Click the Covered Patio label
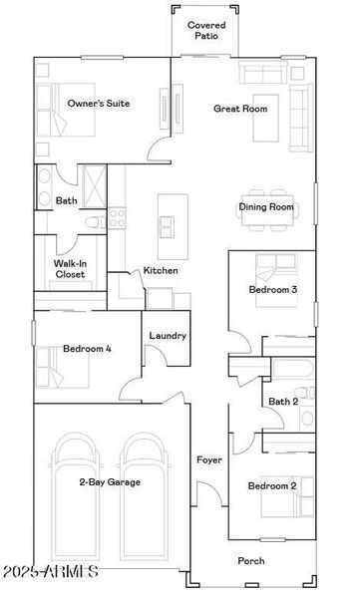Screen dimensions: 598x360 pyautogui.click(x=206, y=29)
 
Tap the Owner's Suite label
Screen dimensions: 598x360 pyautogui.click(x=99, y=103)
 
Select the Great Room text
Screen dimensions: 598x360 pyautogui.click(x=240, y=108)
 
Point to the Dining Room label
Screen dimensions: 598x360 pyautogui.click(x=266, y=207)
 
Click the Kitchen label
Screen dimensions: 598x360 pyautogui.click(x=161, y=270)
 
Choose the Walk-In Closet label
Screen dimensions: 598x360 pyautogui.click(x=69, y=268)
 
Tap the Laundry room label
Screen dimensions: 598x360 pyautogui.click(x=168, y=336)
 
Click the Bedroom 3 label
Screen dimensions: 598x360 pyautogui.click(x=273, y=290)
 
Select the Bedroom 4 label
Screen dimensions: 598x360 pyautogui.click(x=87, y=349)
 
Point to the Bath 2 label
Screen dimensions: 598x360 pyautogui.click(x=283, y=402)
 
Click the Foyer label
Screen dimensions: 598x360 pyautogui.click(x=208, y=460)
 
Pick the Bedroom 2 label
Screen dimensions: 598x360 pyautogui.click(x=272, y=485)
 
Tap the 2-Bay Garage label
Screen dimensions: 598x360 pyautogui.click(x=111, y=482)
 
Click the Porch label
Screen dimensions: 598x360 pyautogui.click(x=251, y=560)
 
